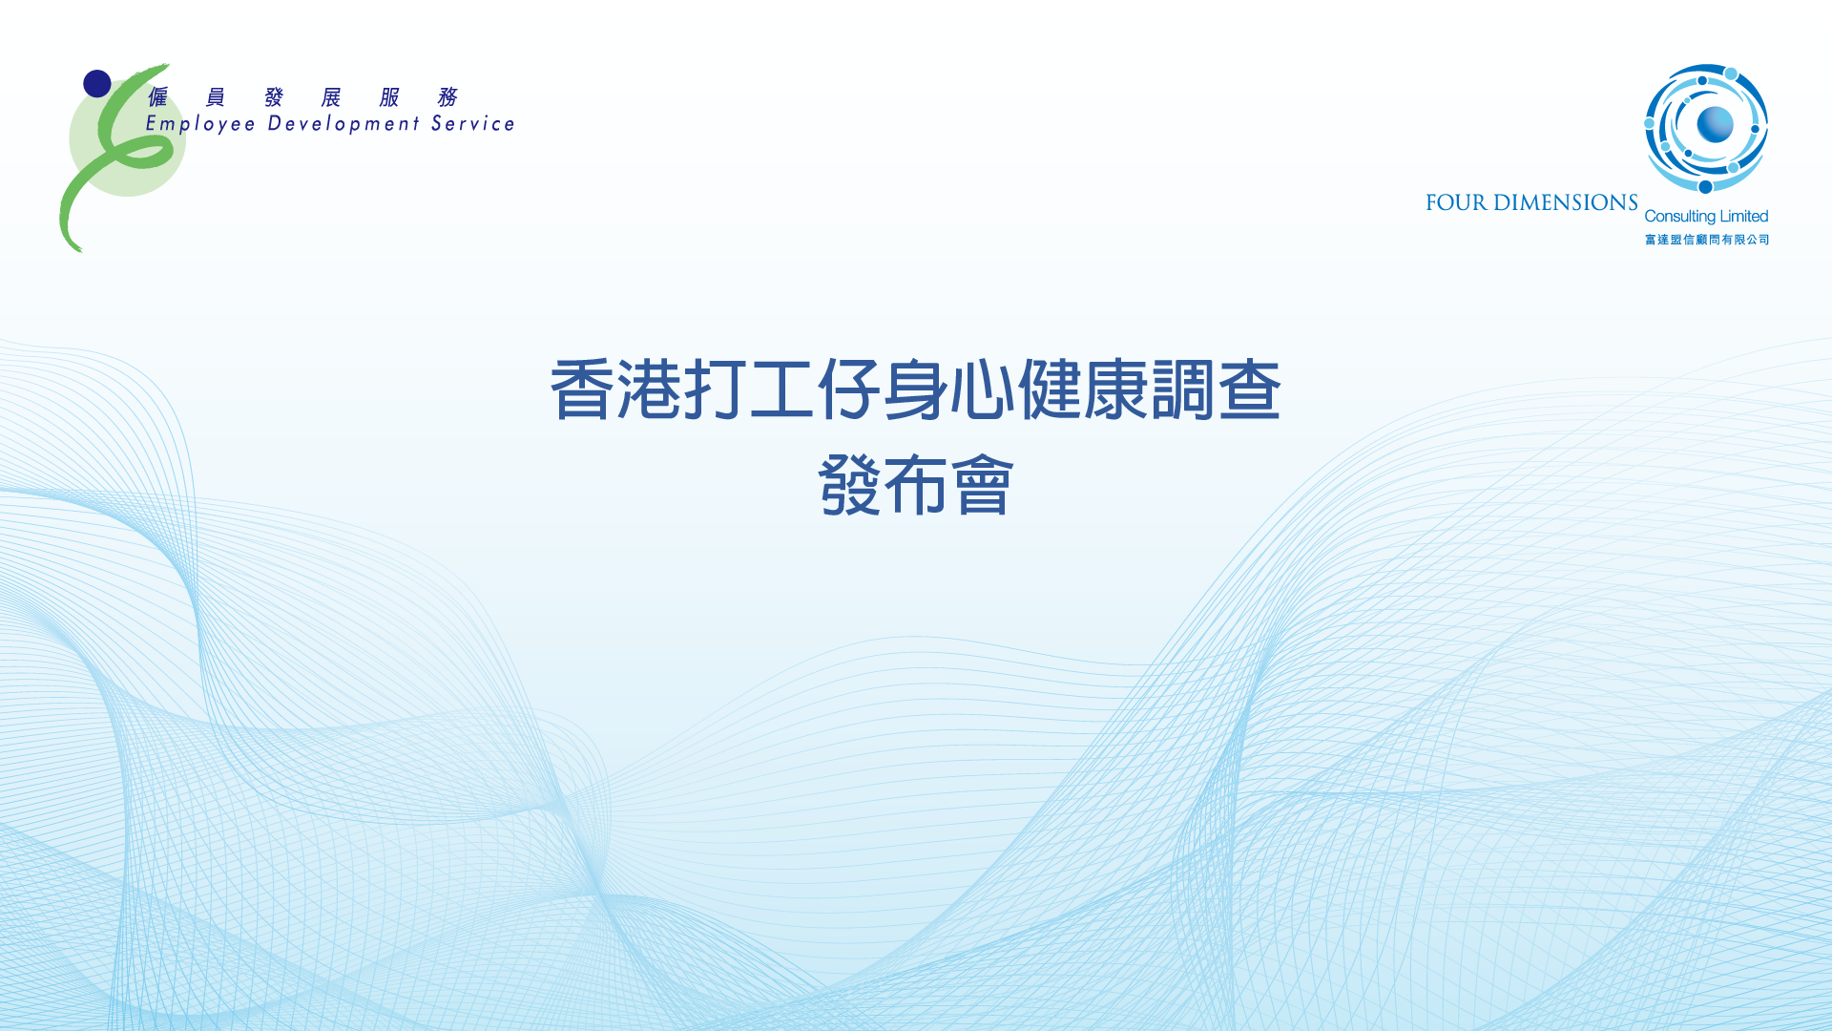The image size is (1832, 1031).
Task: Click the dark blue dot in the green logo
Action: coord(97,84)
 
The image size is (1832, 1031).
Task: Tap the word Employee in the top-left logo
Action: coord(200,124)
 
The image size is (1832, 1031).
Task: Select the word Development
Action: coord(343,124)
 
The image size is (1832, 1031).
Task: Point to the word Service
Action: coord(473,123)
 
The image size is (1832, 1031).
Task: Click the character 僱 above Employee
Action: coord(158,97)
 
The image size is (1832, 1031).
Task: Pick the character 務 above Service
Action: coord(448,97)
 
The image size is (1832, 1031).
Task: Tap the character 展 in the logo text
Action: coord(331,97)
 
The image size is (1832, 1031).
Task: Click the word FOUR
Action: coord(1456,202)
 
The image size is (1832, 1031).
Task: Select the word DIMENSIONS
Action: coord(1566,202)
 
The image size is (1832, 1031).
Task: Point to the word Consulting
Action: coord(1680,217)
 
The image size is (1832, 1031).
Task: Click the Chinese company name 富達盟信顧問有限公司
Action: coord(1707,240)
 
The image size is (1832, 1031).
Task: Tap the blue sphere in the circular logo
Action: coord(1715,124)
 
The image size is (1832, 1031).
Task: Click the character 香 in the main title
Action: coord(581,389)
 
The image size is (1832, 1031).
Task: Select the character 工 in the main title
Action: coord(781,389)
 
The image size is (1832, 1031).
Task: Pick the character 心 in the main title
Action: coord(982,389)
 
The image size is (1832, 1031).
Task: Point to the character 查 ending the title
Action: coord(1249,389)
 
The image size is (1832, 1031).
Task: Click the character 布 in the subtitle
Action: coord(915,485)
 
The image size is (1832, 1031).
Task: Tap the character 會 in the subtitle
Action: coord(983,485)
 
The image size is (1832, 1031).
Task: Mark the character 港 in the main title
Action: coord(648,389)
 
